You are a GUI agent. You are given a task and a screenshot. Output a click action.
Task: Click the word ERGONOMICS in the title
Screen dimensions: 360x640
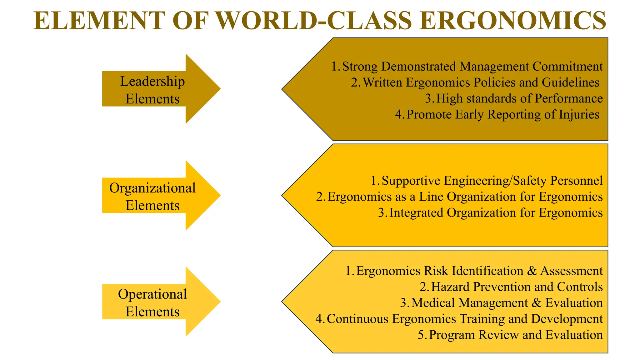[x=513, y=21]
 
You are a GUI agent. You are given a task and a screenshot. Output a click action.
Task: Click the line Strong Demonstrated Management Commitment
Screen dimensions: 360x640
[x=472, y=67]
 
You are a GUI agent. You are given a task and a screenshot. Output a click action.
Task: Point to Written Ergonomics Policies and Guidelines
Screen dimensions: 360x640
[x=481, y=82]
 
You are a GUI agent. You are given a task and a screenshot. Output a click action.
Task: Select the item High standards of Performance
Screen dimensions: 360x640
[x=519, y=98]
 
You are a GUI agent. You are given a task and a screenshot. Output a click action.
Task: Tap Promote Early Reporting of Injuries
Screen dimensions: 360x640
[x=503, y=114]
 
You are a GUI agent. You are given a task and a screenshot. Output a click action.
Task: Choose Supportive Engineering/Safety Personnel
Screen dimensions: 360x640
[x=492, y=181]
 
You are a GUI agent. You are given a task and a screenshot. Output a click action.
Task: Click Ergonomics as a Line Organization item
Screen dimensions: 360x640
[x=465, y=197]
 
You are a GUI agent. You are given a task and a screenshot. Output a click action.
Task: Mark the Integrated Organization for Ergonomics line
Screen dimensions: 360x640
[x=496, y=212]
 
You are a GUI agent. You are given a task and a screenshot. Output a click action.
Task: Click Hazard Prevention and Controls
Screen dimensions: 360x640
[x=517, y=287]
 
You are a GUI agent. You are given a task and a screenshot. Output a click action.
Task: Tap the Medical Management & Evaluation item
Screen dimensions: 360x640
[x=507, y=302]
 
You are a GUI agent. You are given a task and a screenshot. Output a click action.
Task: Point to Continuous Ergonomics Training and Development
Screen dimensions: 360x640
[x=464, y=318]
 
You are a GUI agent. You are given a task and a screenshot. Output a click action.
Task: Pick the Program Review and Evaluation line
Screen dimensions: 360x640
[x=516, y=334]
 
